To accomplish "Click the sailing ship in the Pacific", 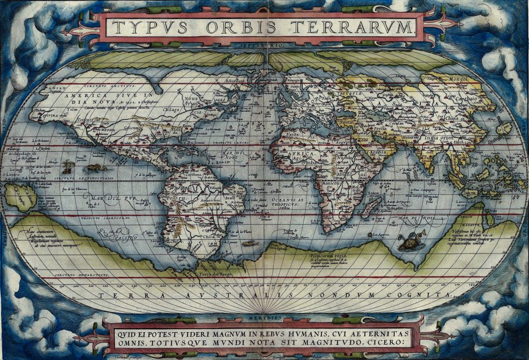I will click(67, 167).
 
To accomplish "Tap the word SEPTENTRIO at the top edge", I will click(264, 46).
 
